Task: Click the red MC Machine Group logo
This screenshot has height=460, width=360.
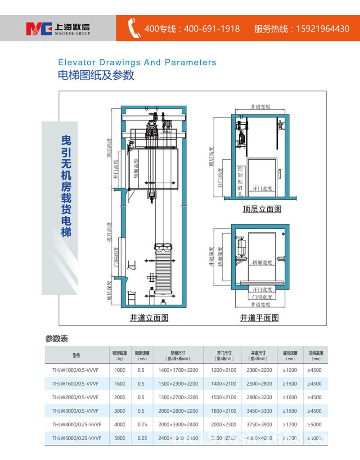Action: pos(40,28)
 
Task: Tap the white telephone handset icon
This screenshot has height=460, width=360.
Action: pos(134,28)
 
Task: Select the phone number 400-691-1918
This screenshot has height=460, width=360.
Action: pos(211,29)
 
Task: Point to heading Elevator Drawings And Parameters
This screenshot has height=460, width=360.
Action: pos(137,63)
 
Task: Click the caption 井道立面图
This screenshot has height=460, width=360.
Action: pos(149,318)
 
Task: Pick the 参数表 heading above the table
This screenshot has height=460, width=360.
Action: pos(56,338)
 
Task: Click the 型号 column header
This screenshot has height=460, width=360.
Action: pos(76,356)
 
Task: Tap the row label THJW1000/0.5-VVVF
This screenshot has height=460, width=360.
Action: pos(76,370)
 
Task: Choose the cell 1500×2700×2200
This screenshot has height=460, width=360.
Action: pos(178,397)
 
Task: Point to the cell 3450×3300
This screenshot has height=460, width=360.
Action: pos(259,410)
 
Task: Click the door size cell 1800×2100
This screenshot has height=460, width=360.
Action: pos(223,410)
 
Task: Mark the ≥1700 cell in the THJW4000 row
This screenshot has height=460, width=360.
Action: pos(290,424)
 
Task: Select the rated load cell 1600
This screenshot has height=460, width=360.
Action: pos(120,383)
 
